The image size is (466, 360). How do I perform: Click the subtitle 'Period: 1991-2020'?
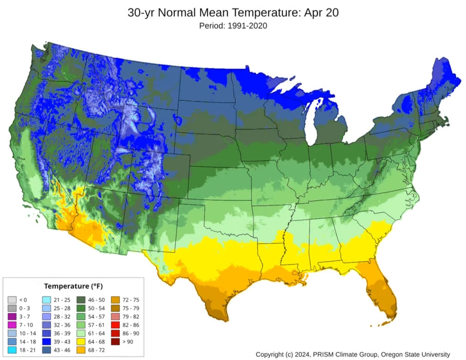(x=233, y=26)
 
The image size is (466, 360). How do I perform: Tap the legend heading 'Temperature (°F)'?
(x=73, y=286)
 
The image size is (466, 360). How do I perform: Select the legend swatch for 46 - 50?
(x=81, y=300)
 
